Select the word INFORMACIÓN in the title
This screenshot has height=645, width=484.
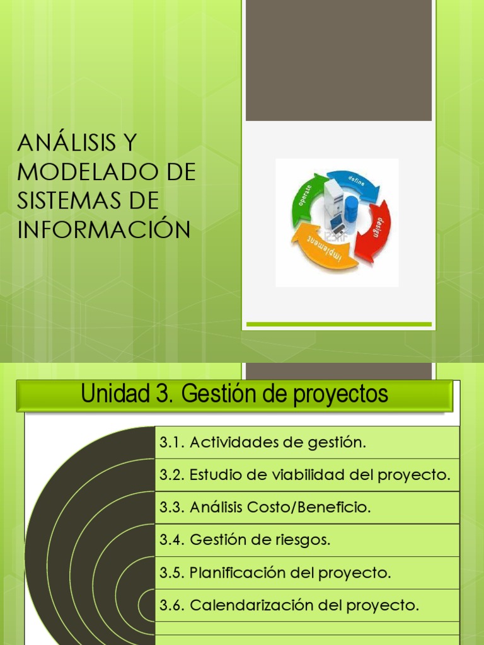click(x=104, y=230)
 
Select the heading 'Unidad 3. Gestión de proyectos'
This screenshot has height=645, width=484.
click(x=234, y=395)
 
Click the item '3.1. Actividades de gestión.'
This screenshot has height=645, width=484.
click(x=262, y=442)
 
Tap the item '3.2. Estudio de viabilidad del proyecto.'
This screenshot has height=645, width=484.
click(x=305, y=475)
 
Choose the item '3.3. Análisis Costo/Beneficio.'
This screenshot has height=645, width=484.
click(x=265, y=508)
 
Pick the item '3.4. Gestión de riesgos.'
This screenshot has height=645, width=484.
click(x=245, y=540)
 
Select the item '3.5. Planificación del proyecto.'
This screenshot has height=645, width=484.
click(x=275, y=573)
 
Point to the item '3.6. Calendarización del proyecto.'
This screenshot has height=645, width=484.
click(x=289, y=606)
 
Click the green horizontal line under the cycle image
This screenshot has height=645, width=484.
click(x=338, y=324)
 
